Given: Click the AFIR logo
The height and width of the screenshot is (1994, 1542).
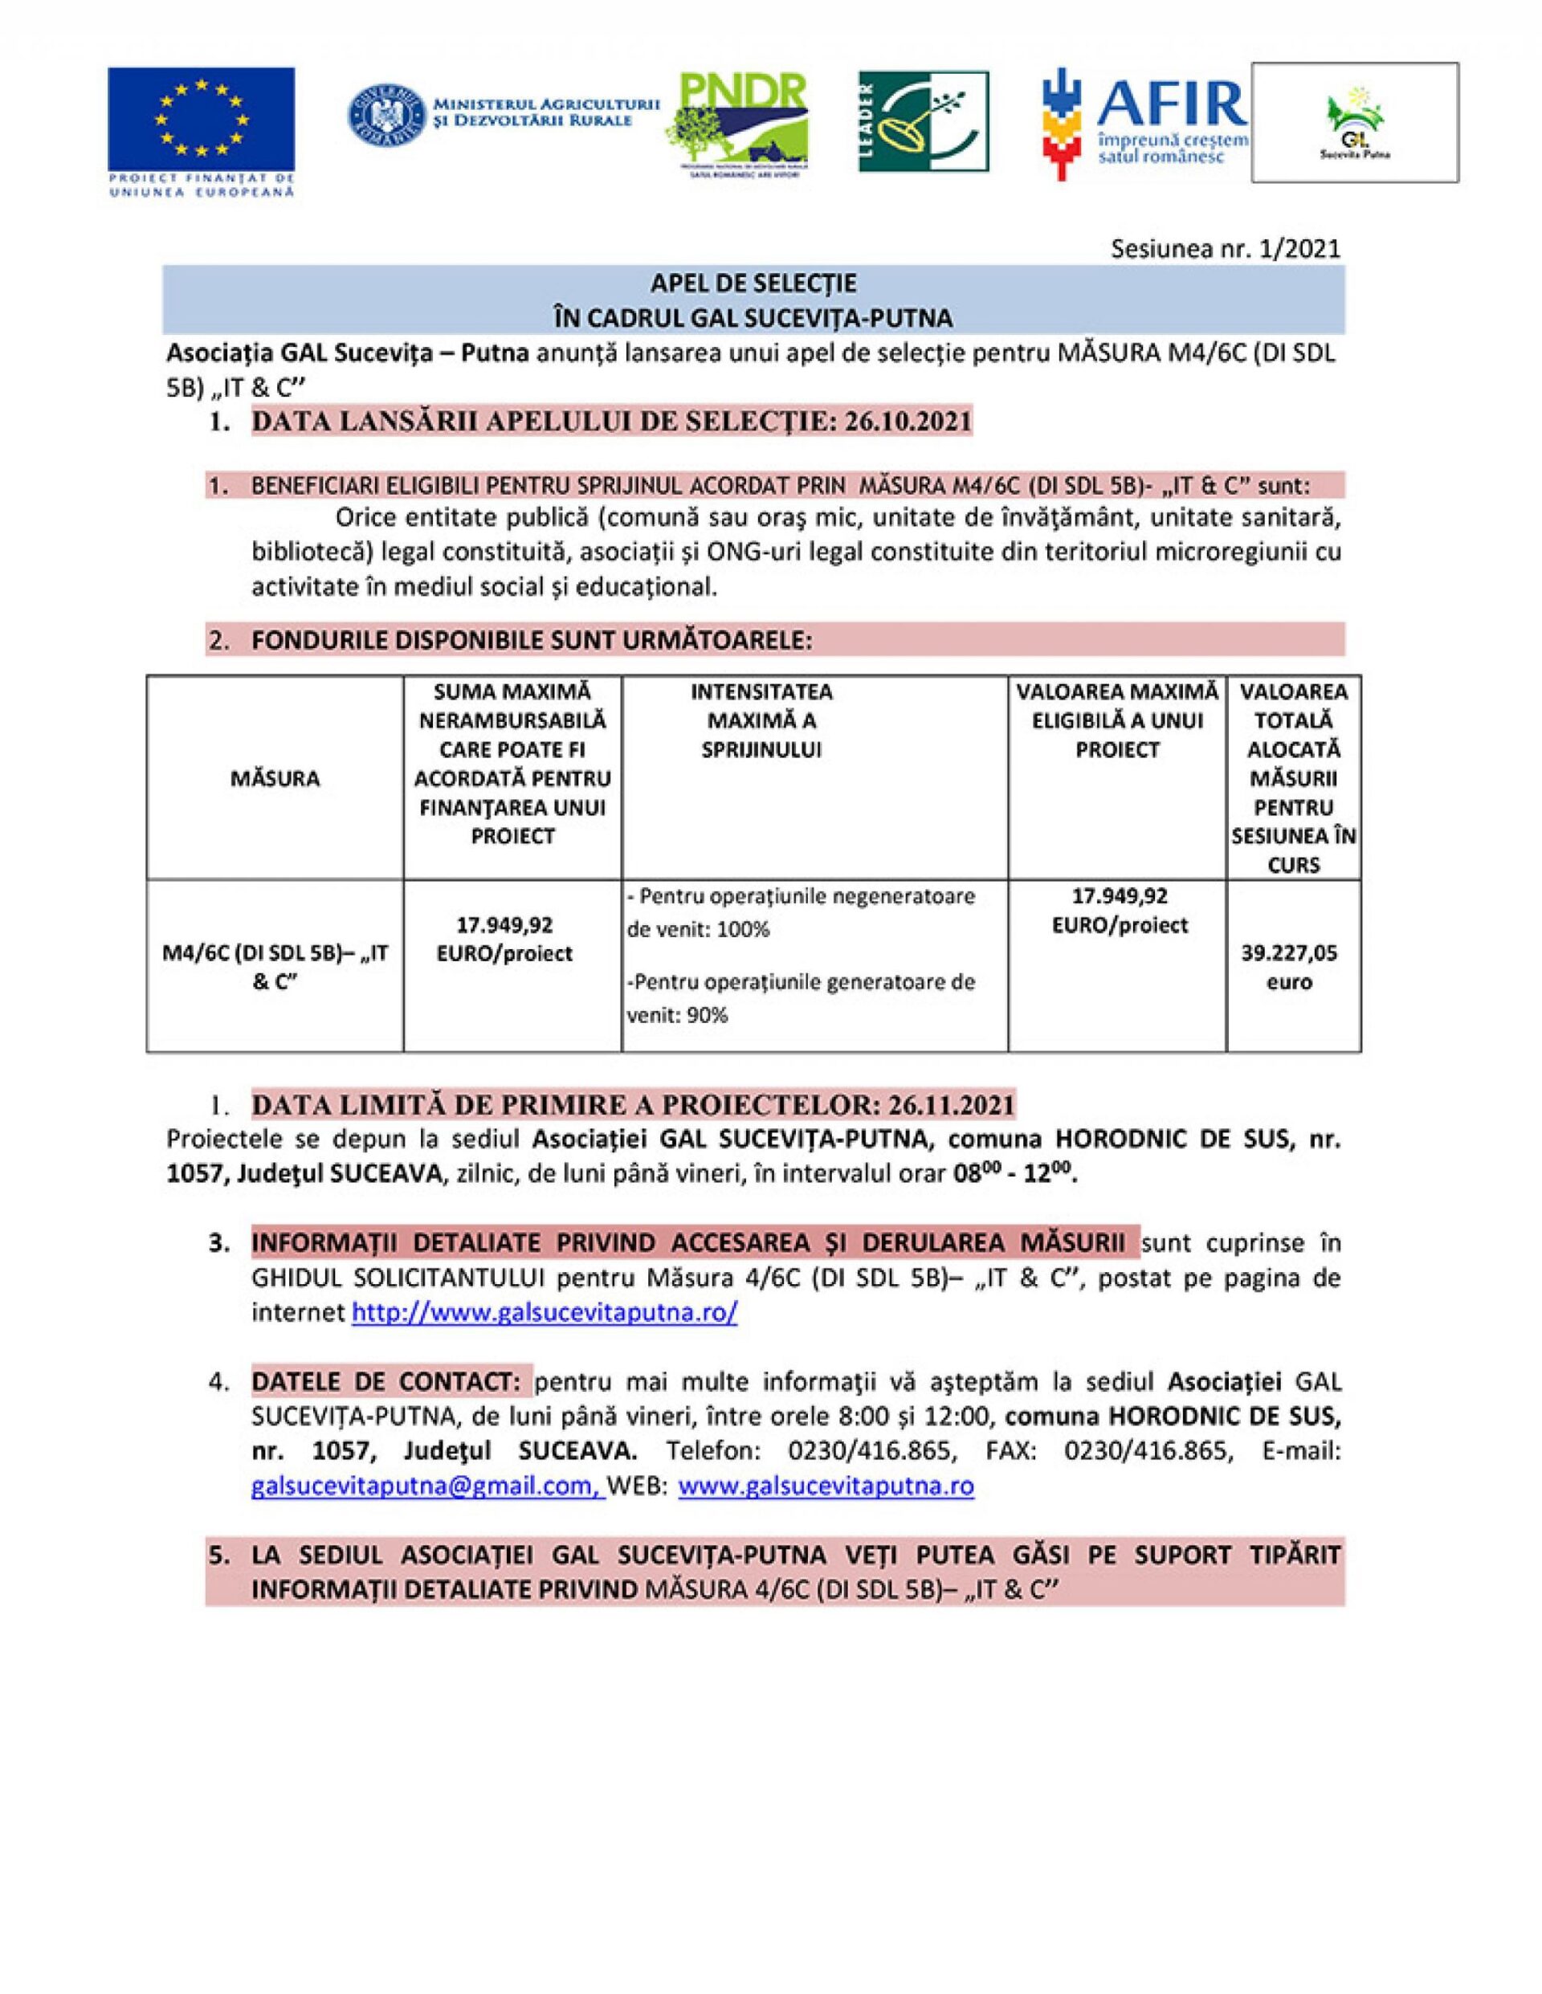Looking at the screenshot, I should click(1146, 122).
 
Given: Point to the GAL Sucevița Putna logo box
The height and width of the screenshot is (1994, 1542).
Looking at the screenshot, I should click(1353, 121).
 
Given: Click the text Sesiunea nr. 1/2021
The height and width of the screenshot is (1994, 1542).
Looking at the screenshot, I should click(1226, 248).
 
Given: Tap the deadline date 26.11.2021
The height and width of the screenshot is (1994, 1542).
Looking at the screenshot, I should click(950, 1105).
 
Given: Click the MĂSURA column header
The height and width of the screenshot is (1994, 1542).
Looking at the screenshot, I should click(275, 779).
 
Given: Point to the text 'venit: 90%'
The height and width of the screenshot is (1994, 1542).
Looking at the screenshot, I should click(676, 1015).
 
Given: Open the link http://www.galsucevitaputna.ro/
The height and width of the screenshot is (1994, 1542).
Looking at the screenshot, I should click(545, 1313).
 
